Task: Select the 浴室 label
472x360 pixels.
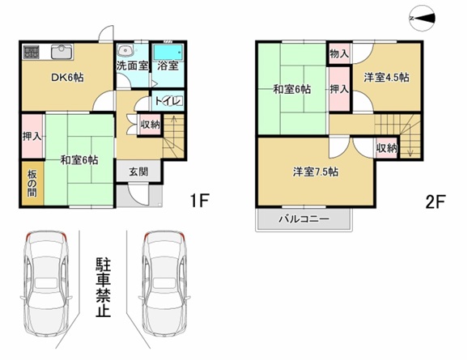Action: [168, 66]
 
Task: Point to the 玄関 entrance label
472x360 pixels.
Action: [138, 172]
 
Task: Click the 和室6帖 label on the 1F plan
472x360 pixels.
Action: [79, 160]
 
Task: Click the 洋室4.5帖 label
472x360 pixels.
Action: [386, 78]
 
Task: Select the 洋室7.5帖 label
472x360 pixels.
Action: [316, 172]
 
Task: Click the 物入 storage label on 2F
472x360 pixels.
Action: [339, 54]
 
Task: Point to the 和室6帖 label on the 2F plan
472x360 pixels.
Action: [291, 90]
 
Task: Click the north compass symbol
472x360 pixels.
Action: [423, 16]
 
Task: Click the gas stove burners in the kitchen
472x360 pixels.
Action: [31, 52]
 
